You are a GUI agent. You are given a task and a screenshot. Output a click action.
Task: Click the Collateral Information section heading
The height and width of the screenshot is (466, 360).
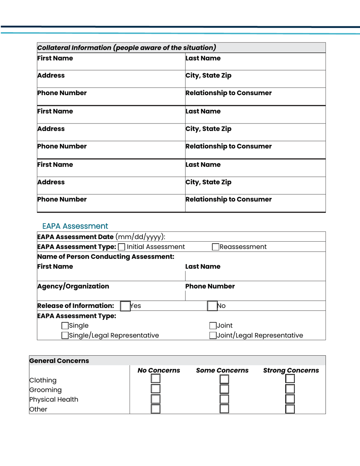point(127,48)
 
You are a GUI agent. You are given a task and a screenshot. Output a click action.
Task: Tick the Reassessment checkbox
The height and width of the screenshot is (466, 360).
point(216,247)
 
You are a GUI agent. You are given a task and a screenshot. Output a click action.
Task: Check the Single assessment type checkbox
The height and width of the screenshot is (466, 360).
point(65,325)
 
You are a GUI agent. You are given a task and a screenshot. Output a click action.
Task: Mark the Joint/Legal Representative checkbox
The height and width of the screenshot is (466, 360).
point(213,335)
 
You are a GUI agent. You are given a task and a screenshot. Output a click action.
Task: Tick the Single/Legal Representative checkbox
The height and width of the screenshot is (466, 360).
point(65,335)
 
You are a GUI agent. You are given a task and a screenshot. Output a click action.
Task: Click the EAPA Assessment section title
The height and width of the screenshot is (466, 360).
point(75,226)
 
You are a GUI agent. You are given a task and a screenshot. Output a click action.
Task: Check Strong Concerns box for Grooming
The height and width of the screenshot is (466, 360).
point(290,389)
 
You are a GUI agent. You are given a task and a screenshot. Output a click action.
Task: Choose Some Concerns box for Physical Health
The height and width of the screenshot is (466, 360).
point(224,399)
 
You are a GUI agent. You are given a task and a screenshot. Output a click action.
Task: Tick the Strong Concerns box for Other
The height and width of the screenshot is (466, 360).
point(290,409)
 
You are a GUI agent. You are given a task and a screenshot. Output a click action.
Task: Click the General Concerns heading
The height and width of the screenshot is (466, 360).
point(59,361)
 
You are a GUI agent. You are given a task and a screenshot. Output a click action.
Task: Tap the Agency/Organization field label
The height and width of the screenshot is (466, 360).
point(73,286)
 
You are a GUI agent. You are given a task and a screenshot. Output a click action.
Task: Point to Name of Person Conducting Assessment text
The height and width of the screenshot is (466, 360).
point(105,257)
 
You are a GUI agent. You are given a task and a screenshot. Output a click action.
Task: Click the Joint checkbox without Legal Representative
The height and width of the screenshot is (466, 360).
point(213,325)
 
